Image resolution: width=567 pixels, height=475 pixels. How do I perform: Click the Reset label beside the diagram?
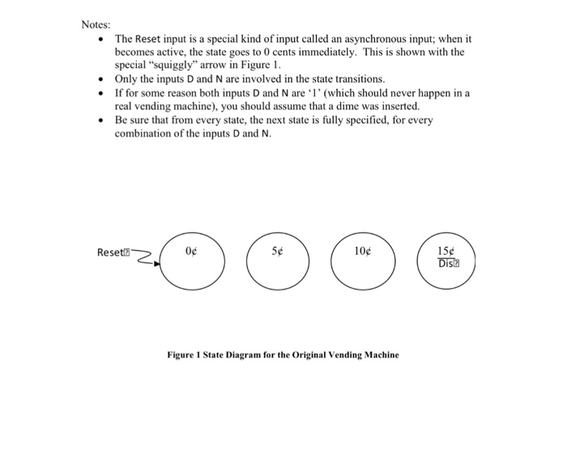click(x=110, y=252)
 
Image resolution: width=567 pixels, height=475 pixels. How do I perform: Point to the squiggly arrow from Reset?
click(x=147, y=257)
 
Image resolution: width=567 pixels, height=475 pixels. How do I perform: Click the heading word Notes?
click(x=96, y=23)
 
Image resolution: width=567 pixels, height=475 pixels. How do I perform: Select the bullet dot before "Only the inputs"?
click(x=100, y=79)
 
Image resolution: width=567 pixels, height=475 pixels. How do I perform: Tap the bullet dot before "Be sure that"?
click(x=100, y=120)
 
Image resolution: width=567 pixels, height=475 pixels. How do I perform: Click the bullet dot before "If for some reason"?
click(x=100, y=93)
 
